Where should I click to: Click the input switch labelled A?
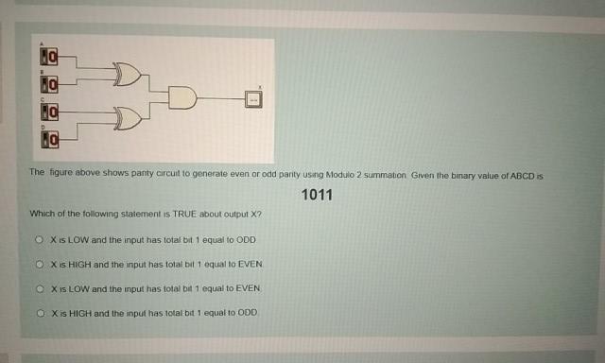[48, 59]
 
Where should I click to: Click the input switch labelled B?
[48, 85]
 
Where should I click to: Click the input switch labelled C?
[48, 112]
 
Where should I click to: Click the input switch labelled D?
[48, 140]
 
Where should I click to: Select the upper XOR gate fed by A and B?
[128, 72]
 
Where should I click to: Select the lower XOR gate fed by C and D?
[128, 119]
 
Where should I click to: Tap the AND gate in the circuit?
[183, 95]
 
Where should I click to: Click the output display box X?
[252, 96]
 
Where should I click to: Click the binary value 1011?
[317, 196]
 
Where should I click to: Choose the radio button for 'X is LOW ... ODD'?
[41, 240]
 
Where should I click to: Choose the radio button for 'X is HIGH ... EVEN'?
[41, 264]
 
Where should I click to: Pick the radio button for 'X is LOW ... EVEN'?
[41, 286]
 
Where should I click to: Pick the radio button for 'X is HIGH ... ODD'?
[41, 311]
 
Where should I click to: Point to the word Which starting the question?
[42, 215]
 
